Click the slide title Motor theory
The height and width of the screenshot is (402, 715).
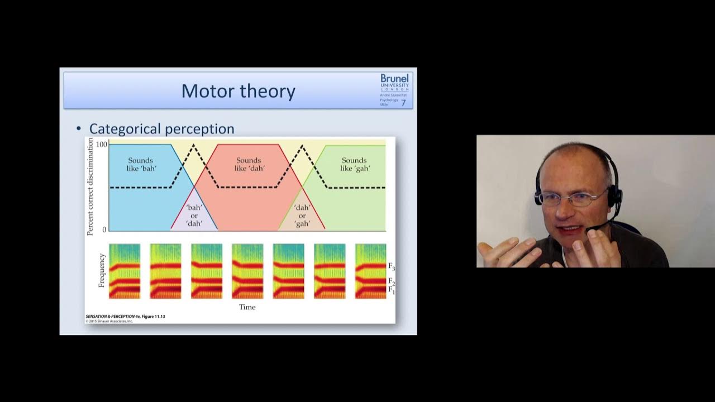(x=238, y=90)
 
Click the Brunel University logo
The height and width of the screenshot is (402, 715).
(x=394, y=82)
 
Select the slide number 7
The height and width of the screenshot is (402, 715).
(x=403, y=103)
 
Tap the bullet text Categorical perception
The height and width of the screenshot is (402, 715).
(x=161, y=129)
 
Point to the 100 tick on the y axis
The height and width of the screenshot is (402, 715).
(x=101, y=145)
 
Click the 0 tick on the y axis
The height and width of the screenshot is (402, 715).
(x=104, y=230)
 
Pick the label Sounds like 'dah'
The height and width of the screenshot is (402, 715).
(x=249, y=164)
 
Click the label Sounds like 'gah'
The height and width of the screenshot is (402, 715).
(x=355, y=164)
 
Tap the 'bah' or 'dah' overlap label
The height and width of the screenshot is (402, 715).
(x=194, y=216)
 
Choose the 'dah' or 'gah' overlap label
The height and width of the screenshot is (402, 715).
(x=302, y=216)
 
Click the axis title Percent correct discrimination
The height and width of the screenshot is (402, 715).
(x=90, y=186)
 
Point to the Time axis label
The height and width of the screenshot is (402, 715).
(x=247, y=307)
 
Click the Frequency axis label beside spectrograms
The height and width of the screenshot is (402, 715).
(x=102, y=270)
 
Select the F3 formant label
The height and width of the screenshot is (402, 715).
(x=392, y=267)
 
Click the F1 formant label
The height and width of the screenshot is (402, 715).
(x=392, y=290)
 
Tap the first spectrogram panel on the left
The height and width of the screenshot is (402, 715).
(x=125, y=271)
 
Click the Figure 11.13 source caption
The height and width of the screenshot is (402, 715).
(x=125, y=317)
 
